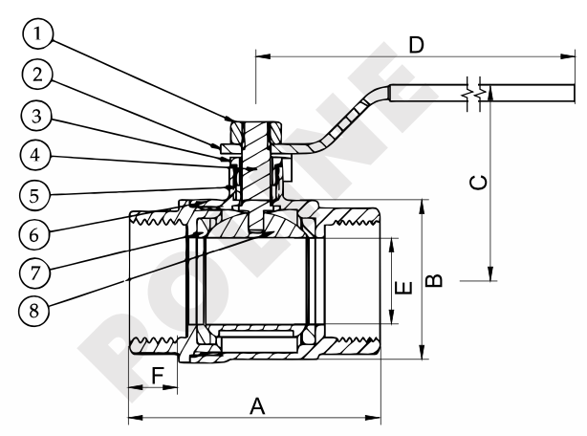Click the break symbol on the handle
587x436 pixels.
(475, 95)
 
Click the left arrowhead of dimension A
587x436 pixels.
(133, 417)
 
